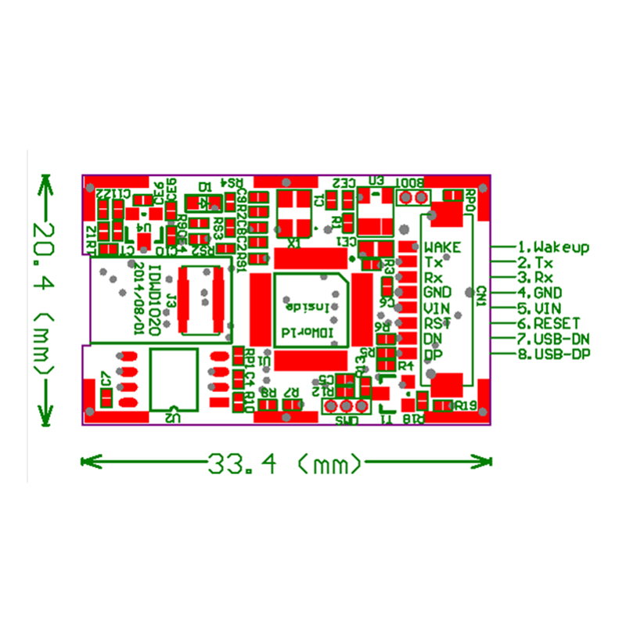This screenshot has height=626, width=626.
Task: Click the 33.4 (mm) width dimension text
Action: coord(286,464)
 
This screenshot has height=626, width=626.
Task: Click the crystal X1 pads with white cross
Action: coord(294,209)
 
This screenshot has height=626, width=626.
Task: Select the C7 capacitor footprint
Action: coord(106,399)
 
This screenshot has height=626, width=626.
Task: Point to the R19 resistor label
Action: coord(466,405)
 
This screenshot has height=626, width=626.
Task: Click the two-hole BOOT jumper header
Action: coord(412,196)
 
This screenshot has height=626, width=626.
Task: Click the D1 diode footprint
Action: coord(207,203)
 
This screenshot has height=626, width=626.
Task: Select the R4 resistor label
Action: coord(405,365)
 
